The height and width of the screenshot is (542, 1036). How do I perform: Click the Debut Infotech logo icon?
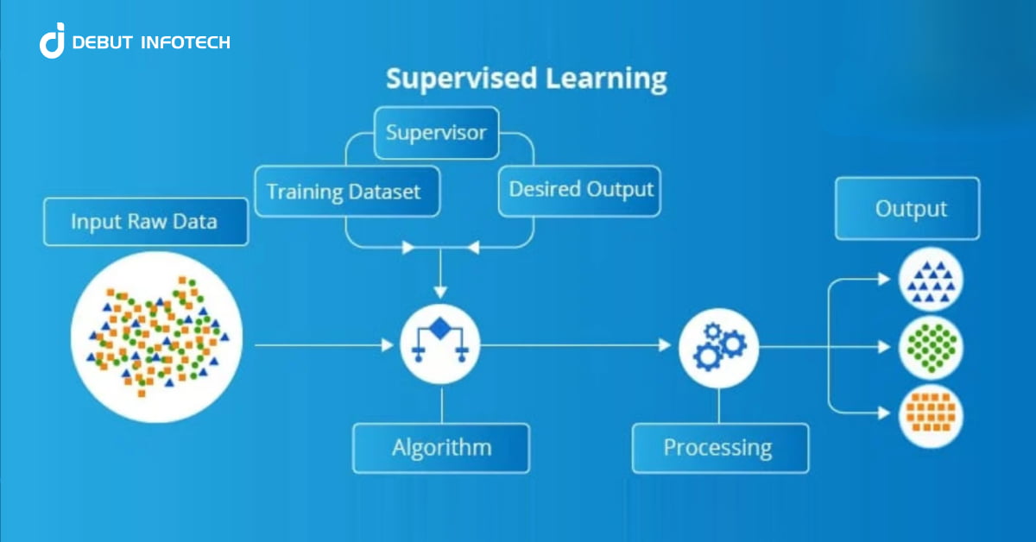52,41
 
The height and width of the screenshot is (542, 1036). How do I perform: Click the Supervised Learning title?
526,79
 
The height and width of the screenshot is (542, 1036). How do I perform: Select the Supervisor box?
436,133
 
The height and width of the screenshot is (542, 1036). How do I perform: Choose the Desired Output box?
580,188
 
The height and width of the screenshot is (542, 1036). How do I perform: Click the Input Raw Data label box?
145,222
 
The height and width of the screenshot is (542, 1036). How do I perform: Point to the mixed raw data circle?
156,337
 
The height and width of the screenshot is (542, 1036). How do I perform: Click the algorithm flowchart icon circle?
441,345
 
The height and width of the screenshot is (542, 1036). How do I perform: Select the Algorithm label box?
441,448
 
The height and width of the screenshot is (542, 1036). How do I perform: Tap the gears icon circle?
718,346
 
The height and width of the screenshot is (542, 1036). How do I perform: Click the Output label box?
906,209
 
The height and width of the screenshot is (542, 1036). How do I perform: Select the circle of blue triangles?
931,280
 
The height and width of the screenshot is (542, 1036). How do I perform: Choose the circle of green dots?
931,346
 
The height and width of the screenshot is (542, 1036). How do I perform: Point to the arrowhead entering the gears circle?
665,346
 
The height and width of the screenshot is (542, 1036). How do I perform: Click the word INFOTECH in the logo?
187,42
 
